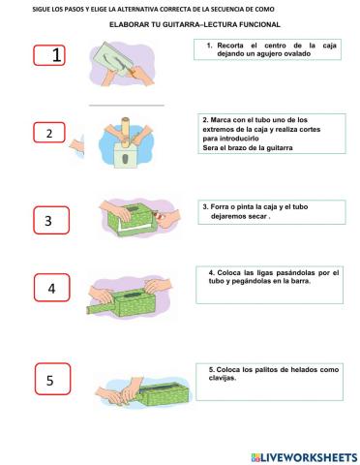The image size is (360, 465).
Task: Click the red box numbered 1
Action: [57, 55]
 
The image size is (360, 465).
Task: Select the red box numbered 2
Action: [49, 133]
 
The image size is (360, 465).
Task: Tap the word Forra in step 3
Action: [223, 206]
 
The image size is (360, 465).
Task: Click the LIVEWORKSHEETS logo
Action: [303, 455]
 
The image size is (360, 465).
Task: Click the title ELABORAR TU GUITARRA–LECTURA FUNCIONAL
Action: [195, 23]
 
